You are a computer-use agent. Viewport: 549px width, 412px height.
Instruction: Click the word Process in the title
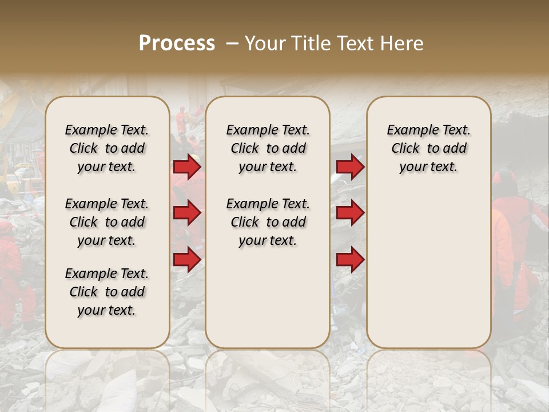pyautogui.click(x=177, y=43)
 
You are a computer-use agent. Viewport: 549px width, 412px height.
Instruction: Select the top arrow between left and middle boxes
pyautogui.click(x=187, y=167)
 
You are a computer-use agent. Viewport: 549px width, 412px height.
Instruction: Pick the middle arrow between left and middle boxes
pyautogui.click(x=187, y=213)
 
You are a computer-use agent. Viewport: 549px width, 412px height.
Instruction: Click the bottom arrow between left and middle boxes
pyautogui.click(x=187, y=259)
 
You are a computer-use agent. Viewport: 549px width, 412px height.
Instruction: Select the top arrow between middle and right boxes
pyautogui.click(x=350, y=167)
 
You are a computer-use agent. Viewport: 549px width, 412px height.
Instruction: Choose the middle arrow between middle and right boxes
pyautogui.click(x=350, y=213)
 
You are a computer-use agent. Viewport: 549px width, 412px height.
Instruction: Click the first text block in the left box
pyautogui.click(x=107, y=148)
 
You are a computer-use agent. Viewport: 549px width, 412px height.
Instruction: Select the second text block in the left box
pyautogui.click(x=107, y=222)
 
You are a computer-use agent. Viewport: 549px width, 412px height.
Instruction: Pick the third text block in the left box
pyautogui.click(x=107, y=292)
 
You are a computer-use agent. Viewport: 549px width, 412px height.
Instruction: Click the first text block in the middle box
pyautogui.click(x=268, y=148)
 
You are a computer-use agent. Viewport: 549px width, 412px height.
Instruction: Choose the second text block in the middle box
pyautogui.click(x=268, y=222)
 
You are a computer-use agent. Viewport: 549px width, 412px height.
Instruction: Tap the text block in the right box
pyautogui.click(x=429, y=148)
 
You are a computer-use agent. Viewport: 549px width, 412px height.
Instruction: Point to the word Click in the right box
pyautogui.click(x=405, y=149)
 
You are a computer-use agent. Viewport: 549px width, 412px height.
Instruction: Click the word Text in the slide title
pyautogui.click(x=357, y=43)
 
